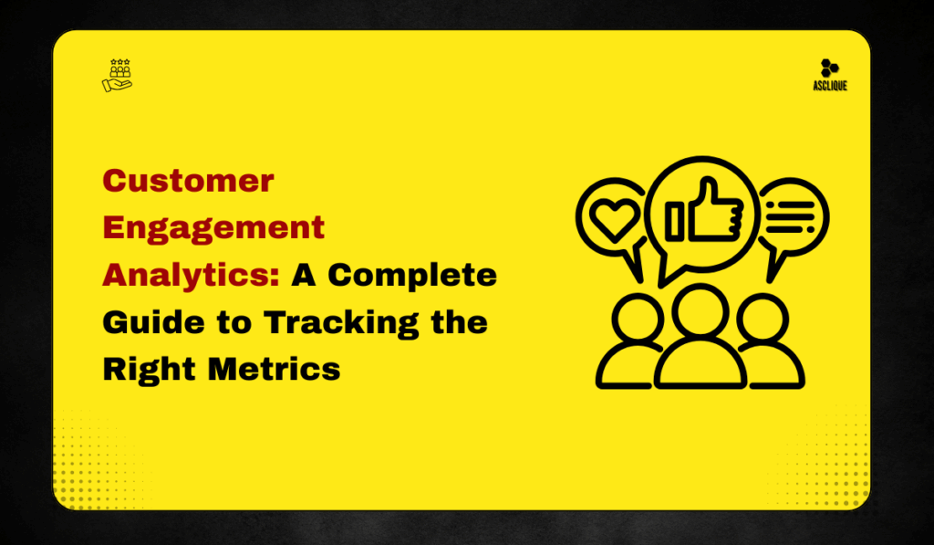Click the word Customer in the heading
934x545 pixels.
coord(188,180)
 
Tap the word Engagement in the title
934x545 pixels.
coord(213,226)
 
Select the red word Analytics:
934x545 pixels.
coord(191,274)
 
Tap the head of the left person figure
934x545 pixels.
coord(634,319)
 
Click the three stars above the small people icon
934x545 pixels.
coord(119,62)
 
